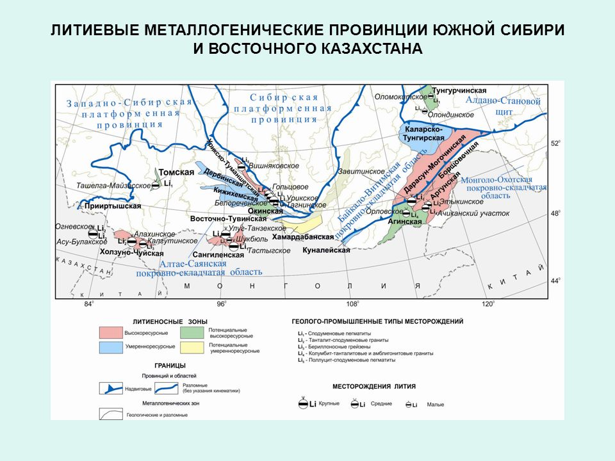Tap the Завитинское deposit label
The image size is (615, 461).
point(361,172)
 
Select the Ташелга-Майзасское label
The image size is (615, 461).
point(123,185)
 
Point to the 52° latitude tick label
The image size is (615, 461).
point(556,143)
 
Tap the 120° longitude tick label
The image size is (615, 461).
point(488,303)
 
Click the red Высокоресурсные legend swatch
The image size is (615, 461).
point(110,333)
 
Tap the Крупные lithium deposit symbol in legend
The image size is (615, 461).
point(304,403)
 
